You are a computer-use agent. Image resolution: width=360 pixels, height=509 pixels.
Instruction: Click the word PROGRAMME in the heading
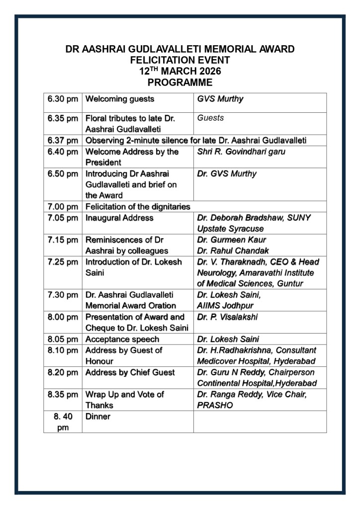[x=180, y=83]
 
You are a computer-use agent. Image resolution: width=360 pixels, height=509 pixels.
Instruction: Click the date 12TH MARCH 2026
[x=180, y=71]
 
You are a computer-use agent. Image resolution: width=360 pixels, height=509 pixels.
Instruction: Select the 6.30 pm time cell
[x=63, y=99]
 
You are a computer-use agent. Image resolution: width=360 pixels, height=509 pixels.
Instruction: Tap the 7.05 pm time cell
[x=63, y=218]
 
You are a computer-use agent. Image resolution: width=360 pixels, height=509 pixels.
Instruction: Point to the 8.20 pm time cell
[x=63, y=372]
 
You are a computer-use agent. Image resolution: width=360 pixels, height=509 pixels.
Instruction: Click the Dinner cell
[x=98, y=417]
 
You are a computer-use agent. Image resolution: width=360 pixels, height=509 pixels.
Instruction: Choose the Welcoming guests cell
[x=120, y=99]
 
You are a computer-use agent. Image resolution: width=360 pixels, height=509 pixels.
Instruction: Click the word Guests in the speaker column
[x=210, y=118]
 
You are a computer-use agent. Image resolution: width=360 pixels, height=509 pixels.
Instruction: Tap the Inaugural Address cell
[x=119, y=218]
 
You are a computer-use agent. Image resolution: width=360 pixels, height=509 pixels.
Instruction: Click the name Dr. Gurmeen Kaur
[x=228, y=240]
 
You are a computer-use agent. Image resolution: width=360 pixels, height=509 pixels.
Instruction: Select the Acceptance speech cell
[x=122, y=339]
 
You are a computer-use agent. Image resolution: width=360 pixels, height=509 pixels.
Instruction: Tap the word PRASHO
[x=214, y=406]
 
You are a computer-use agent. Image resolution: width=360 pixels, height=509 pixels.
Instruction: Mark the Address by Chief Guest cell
[x=130, y=372]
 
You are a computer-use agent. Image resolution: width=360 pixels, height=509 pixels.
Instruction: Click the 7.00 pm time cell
[x=63, y=206]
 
